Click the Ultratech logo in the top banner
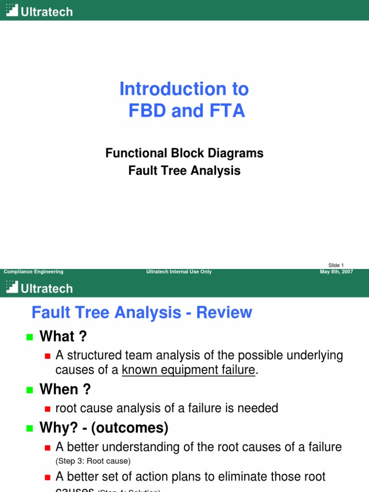[x=39, y=11]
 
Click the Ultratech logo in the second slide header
[x=39, y=288]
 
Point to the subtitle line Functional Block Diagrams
[x=184, y=153]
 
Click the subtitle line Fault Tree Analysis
[x=184, y=171]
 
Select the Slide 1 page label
[x=336, y=265]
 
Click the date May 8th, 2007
[x=336, y=272]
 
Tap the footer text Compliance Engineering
[x=34, y=272]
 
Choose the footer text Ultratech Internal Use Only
[x=179, y=272]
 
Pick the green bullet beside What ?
[x=30, y=337]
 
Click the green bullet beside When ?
[x=30, y=390]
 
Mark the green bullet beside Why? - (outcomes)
[x=30, y=428]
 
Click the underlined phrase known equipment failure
[x=188, y=370]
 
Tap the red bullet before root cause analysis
[x=47, y=409]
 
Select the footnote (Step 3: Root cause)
[x=93, y=461]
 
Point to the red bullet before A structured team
[x=47, y=356]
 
